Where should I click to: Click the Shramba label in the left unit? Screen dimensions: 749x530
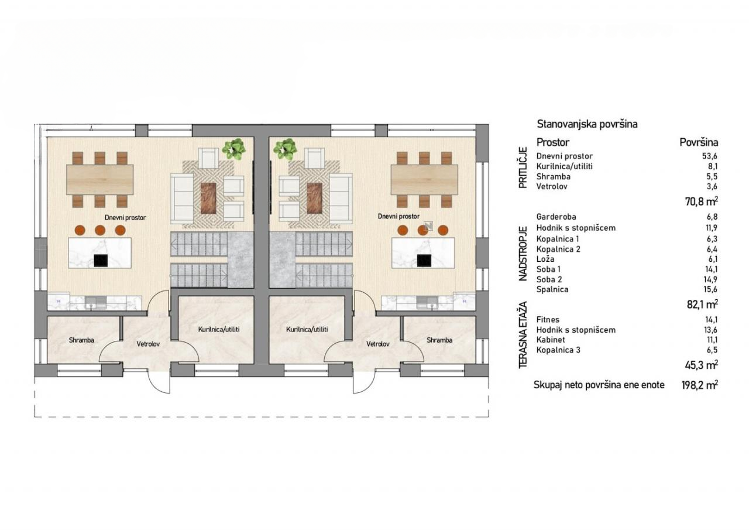tap(81, 340)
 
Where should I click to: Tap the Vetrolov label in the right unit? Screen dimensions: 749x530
tap(378, 344)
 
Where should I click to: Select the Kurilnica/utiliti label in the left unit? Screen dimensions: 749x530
tap(219, 329)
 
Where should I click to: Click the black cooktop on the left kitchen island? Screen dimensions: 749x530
tap(100, 261)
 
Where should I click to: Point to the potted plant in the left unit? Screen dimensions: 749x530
tap(233, 149)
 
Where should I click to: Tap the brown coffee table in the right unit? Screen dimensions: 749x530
tap(314, 198)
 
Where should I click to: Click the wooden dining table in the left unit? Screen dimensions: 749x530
tap(99, 179)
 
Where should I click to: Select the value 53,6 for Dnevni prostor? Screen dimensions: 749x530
tap(710, 156)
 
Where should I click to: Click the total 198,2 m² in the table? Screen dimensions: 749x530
tap(699, 385)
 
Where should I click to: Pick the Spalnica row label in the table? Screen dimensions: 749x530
tap(552, 289)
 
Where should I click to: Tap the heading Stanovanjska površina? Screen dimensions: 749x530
tap(587, 124)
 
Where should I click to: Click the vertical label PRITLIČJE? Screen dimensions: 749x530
tap(523, 167)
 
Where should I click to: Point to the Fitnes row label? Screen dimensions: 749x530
tap(548, 320)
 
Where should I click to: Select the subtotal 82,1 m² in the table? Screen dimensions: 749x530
tap(702, 305)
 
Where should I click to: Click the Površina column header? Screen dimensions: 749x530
tap(699, 142)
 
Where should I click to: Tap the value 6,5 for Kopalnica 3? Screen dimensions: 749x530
tap(713, 350)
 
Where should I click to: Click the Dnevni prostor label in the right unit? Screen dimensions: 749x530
tap(398, 217)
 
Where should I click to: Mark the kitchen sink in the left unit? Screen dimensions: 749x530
tap(95, 302)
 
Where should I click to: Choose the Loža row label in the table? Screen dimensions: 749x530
tap(545, 259)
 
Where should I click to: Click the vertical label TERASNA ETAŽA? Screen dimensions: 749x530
tap(523, 335)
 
